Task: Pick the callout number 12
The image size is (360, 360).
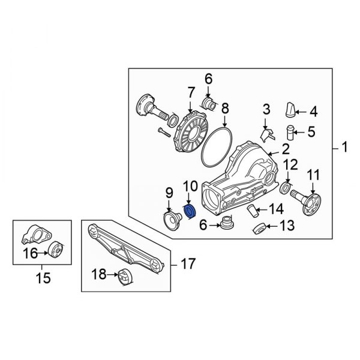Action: [290, 164]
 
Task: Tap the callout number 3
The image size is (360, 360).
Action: [266, 109]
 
